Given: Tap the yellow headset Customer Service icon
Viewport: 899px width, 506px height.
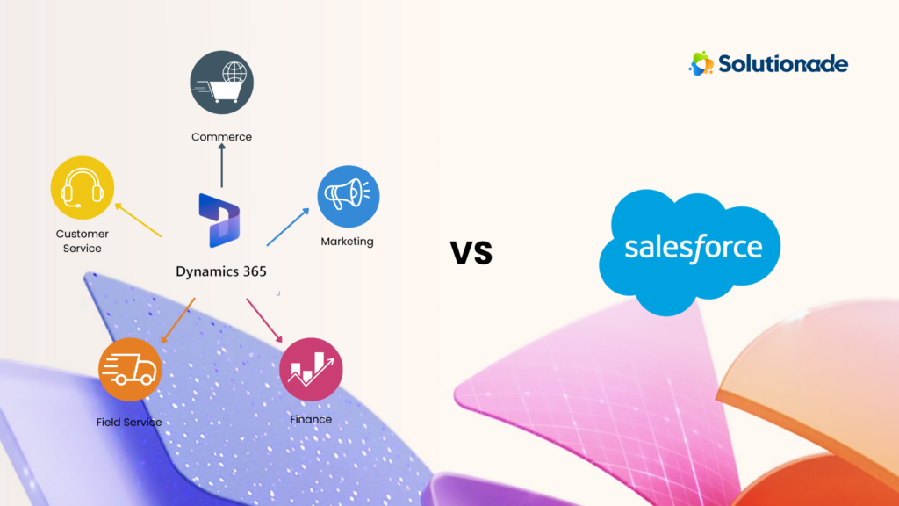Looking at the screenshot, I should pos(83,187).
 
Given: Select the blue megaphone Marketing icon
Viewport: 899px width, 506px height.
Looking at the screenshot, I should pos(348,196).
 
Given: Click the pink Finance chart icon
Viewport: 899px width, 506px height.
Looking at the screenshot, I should pos(311,369).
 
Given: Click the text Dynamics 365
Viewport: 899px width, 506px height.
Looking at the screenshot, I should pos(221,271).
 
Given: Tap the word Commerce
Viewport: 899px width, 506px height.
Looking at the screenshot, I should pos(222,137).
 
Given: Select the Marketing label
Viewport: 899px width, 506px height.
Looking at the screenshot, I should pos(347,242).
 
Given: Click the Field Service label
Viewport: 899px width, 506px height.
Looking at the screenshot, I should pos(129,423).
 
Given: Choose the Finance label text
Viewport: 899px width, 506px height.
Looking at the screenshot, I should pos(311,420).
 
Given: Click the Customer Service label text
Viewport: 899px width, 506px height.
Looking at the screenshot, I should pos(83,242).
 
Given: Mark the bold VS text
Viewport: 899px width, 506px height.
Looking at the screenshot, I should pos(471,253).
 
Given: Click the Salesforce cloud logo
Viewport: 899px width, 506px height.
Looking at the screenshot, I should pos(693,248).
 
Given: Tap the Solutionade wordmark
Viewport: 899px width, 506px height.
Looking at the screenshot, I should pos(783,63).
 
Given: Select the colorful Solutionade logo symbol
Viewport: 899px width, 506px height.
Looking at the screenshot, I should pos(701,63).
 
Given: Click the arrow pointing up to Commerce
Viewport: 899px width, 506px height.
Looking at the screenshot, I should pos(221,168).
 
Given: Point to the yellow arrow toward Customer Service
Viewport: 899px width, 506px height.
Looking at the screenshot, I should pos(138,220).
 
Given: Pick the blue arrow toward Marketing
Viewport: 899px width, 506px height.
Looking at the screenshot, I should pos(288,227).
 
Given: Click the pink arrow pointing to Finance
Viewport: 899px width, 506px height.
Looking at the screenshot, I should pos(264,321).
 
